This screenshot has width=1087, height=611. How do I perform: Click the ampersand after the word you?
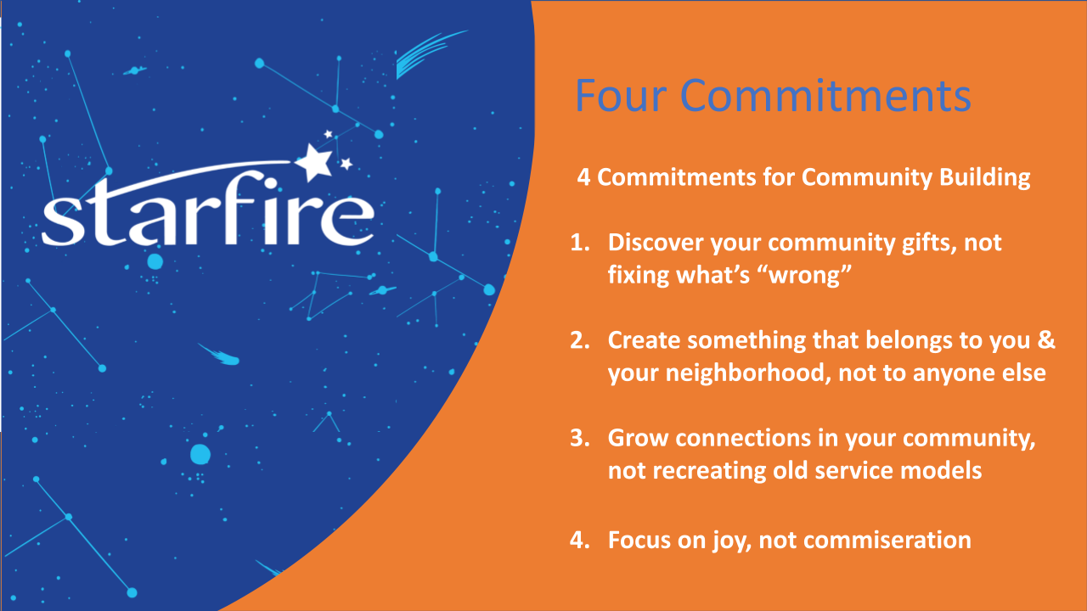click(1047, 340)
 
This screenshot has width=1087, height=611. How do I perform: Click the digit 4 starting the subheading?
click(583, 177)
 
